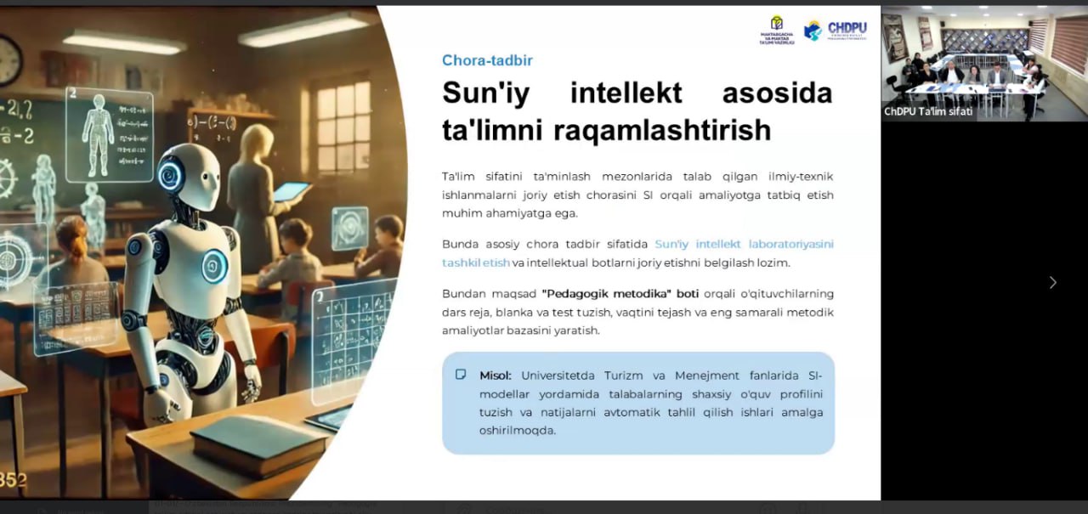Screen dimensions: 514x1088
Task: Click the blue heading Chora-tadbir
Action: point(487,60)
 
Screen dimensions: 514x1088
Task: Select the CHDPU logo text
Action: point(847,28)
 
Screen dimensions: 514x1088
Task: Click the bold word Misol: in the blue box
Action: point(495,376)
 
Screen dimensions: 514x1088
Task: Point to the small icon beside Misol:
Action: point(461,375)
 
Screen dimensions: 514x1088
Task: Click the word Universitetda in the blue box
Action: point(558,376)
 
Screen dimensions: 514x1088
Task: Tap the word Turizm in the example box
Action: point(624,376)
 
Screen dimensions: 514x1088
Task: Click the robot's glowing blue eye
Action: point(170,174)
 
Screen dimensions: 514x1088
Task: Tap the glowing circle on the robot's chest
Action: point(214,266)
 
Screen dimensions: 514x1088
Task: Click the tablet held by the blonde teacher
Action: point(291,191)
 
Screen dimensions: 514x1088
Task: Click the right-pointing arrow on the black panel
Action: point(1052,283)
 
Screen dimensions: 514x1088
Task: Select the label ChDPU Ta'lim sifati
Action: point(928,111)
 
